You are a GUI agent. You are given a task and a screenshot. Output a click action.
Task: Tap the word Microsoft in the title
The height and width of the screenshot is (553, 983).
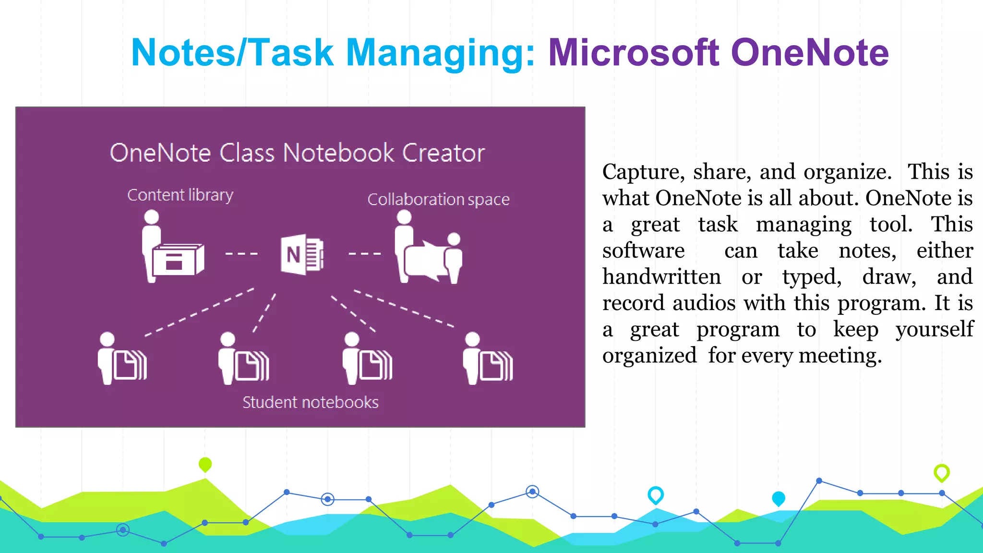(634, 53)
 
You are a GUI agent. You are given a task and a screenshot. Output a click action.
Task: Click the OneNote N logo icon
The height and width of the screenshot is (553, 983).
(302, 254)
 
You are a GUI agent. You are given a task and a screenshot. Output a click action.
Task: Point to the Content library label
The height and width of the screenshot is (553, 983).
(180, 195)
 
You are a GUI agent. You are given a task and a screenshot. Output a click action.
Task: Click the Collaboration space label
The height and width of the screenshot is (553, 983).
(438, 199)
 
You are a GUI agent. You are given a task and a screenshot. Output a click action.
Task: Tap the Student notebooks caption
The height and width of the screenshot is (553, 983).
(310, 402)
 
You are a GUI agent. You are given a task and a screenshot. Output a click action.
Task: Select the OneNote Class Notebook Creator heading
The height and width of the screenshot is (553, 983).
(297, 153)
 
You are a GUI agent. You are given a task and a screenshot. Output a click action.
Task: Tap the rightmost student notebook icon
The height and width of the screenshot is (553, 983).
(488, 359)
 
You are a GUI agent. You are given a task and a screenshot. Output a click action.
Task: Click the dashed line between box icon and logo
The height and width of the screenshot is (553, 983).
(241, 253)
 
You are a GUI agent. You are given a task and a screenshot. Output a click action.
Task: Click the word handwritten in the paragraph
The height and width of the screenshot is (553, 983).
(661, 277)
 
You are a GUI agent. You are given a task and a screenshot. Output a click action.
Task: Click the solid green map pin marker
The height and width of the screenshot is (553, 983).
(205, 464)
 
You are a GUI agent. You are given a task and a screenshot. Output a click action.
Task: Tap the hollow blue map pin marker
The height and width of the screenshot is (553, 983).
(655, 494)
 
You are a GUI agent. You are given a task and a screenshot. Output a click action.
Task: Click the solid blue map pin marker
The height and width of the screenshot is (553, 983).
(779, 498)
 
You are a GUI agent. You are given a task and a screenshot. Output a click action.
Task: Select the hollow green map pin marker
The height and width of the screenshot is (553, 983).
(941, 472)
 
